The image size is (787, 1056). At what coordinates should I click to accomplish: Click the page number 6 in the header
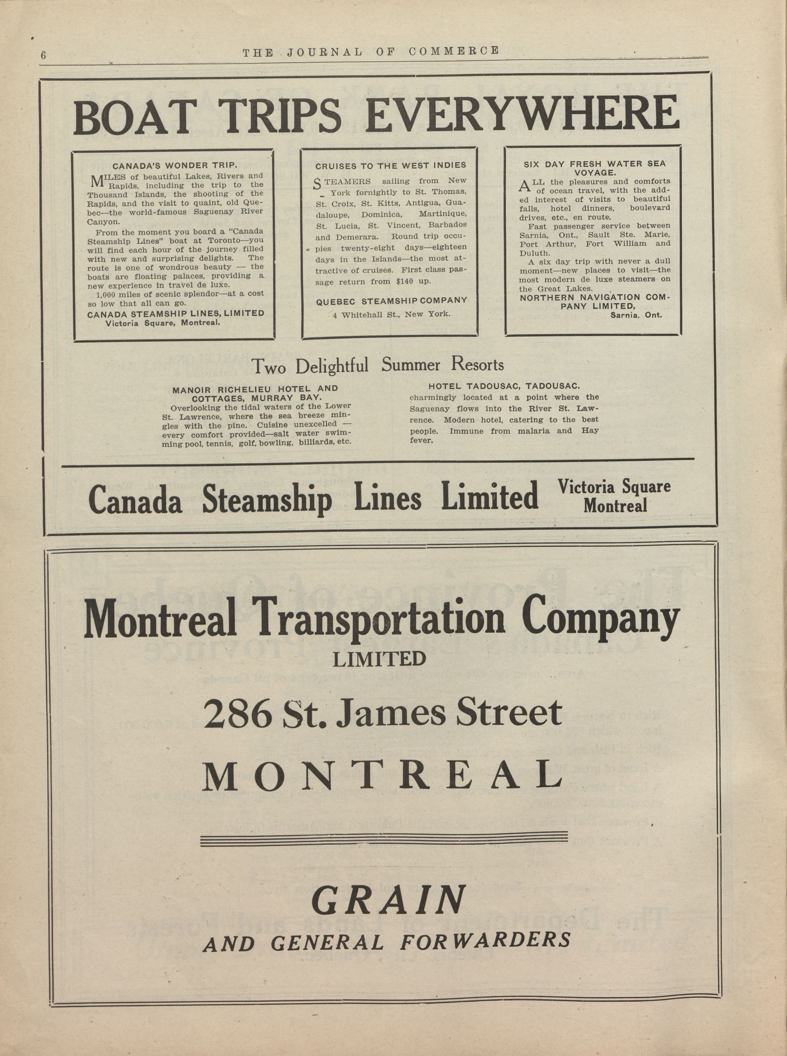click(x=43, y=55)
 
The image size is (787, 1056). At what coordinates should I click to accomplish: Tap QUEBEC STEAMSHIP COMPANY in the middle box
click(x=391, y=301)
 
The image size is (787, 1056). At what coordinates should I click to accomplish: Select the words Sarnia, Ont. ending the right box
click(x=636, y=315)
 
